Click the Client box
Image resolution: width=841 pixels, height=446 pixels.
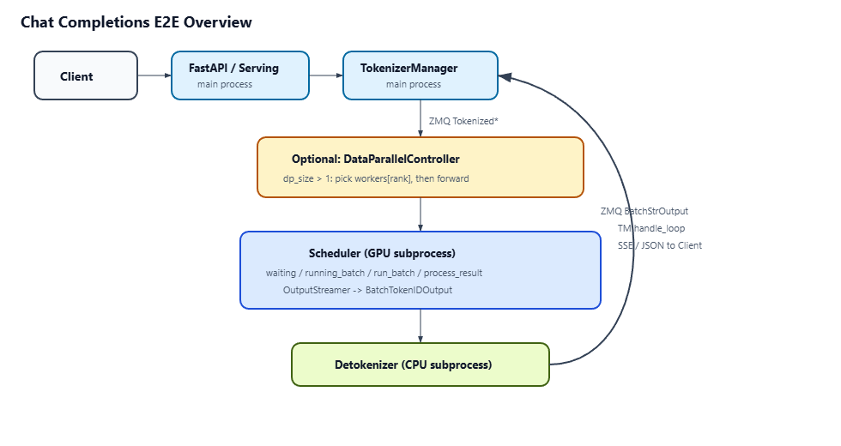click(86, 75)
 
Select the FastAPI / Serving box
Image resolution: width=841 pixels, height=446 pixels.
click(240, 75)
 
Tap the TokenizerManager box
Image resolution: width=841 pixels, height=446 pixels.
click(420, 75)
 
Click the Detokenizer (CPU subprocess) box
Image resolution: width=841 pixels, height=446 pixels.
click(420, 365)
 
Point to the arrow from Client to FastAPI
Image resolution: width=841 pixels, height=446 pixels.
click(154, 75)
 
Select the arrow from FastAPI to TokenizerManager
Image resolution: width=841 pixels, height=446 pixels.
click(326, 75)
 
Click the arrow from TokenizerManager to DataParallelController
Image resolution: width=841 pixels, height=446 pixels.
click(420, 118)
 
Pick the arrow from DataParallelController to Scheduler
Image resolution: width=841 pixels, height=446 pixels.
click(420, 214)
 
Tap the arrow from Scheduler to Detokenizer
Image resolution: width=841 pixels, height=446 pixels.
click(420, 326)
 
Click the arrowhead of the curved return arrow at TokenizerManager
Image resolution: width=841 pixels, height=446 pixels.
click(505, 77)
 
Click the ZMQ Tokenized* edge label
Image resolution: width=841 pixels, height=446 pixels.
click(463, 121)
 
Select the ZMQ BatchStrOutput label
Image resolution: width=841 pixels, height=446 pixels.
click(644, 211)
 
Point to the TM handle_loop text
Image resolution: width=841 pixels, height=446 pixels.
click(651, 228)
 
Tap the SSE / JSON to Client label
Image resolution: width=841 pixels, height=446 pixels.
click(660, 245)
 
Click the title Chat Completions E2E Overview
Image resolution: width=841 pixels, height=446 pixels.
click(136, 22)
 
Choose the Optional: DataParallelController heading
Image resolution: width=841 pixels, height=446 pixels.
click(376, 160)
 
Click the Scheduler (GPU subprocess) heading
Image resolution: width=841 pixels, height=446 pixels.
click(382, 253)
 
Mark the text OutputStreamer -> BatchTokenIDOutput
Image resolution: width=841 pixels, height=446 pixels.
click(367, 290)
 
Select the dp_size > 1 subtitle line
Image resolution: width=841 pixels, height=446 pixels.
click(376, 178)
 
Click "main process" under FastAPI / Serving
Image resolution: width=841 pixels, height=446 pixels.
click(225, 84)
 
